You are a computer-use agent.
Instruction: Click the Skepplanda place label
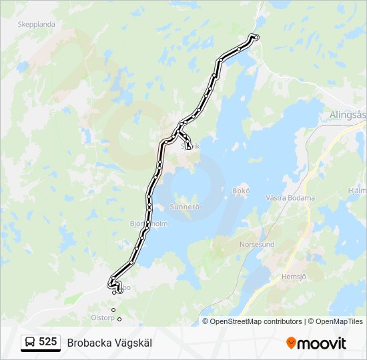click(x=37, y=24)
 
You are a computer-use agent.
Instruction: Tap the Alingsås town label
click(x=348, y=115)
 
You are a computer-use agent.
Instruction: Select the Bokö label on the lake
click(x=241, y=191)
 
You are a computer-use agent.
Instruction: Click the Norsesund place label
click(x=257, y=245)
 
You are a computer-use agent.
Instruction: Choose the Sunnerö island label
click(x=185, y=207)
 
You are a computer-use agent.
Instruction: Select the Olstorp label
click(x=103, y=317)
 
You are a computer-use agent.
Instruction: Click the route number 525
click(x=47, y=342)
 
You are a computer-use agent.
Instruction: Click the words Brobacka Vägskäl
click(x=109, y=343)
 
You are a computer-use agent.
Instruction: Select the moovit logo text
click(x=322, y=343)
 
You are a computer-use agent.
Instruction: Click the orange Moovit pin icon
click(x=291, y=343)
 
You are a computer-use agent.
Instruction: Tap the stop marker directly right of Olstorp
click(x=119, y=319)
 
